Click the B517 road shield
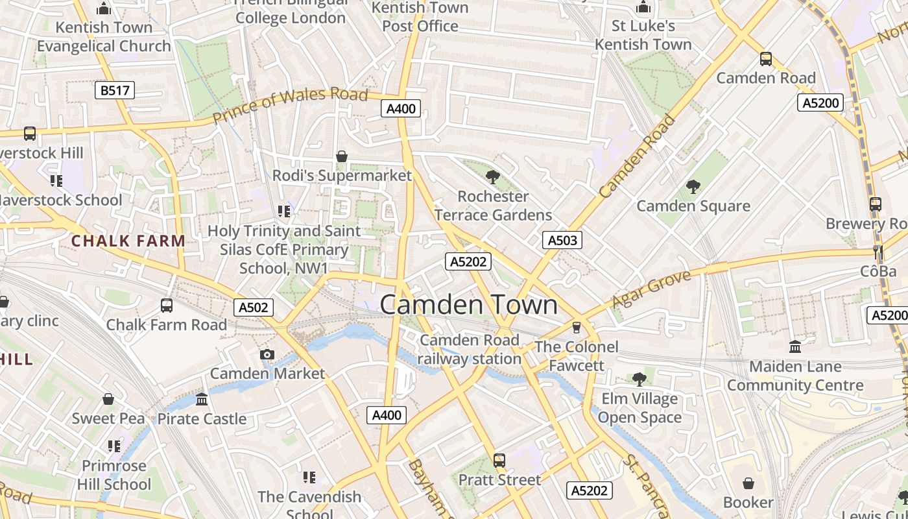pos(115,90)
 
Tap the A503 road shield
pos(562,240)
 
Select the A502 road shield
pos(253,308)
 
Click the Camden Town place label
pos(468,304)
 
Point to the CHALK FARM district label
pos(128,241)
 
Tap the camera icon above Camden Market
pos(267,354)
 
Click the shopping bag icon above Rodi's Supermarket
pos(341,156)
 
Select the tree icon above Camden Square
pos(693,187)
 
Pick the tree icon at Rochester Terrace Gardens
pos(492,176)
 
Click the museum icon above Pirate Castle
pos(202,399)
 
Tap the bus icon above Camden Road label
pos(765,59)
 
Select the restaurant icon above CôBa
pos(878,252)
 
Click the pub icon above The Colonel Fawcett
pos(576,328)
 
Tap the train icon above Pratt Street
pos(499,461)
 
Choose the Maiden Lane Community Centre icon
pos(795,347)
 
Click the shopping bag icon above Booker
pos(748,483)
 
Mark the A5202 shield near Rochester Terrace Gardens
pos(468,261)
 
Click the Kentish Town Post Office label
pos(420,17)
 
